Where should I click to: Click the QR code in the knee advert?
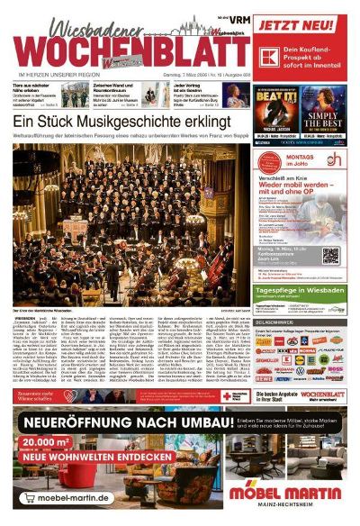(329, 254)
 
